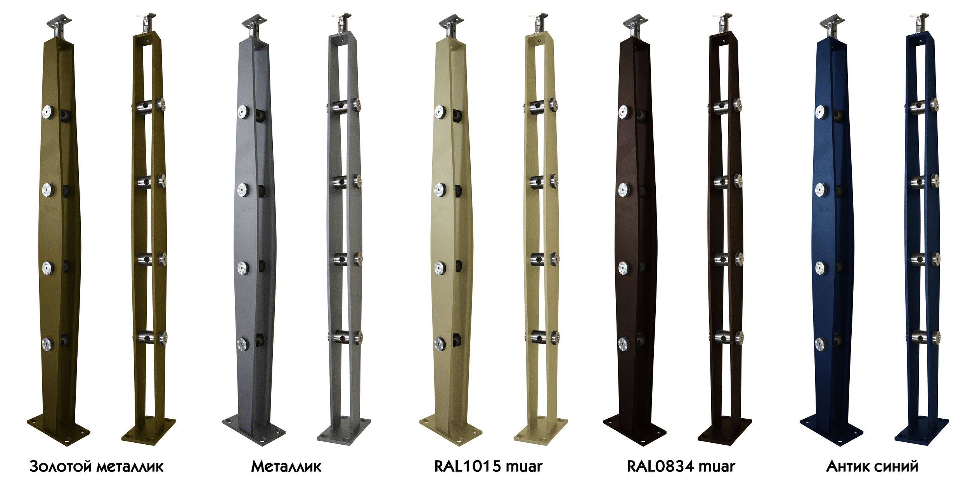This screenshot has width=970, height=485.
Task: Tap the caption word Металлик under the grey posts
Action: point(286,466)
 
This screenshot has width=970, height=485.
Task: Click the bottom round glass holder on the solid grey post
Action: point(242,344)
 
